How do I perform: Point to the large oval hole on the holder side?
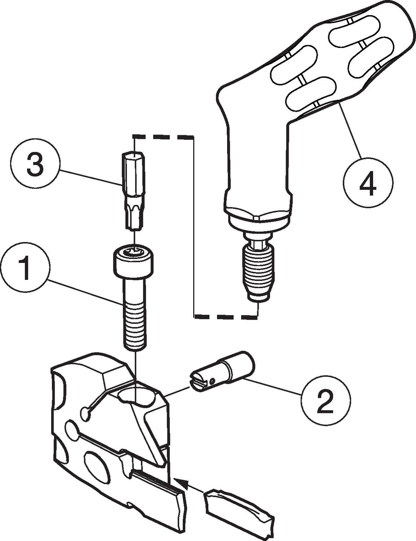[97, 463]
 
